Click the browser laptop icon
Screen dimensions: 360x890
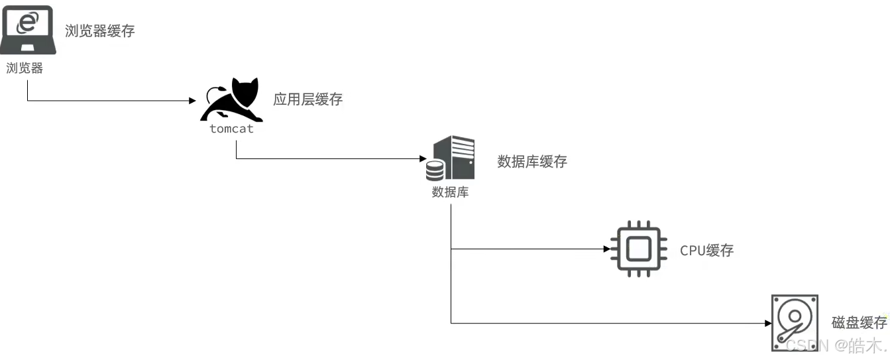pos(27,30)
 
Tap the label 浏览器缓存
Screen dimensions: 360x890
pos(100,30)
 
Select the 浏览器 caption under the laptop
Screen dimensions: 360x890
pos(25,68)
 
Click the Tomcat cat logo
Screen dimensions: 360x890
pos(231,100)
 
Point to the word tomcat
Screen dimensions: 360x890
pos(231,129)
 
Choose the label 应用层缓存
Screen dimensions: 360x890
pos(307,99)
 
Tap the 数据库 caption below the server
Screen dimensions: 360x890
pos(451,192)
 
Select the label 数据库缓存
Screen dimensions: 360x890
pos(532,161)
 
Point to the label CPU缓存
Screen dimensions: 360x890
pos(707,250)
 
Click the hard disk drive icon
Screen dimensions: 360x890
pos(795,323)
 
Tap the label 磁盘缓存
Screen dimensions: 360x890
pos(859,323)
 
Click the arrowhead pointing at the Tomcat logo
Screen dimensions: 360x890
pos(194,101)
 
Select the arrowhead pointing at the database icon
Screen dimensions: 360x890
pos(421,159)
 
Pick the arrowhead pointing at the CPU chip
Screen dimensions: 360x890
pos(606,249)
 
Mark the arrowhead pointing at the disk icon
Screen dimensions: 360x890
pos(768,323)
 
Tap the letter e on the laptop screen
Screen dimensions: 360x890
pos(28,21)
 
